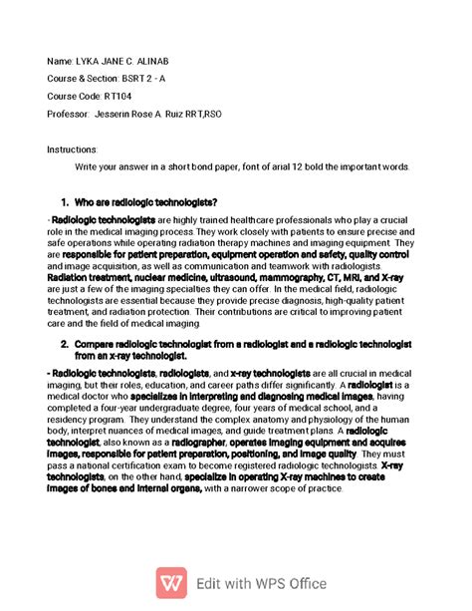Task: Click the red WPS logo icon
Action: (x=171, y=583)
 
